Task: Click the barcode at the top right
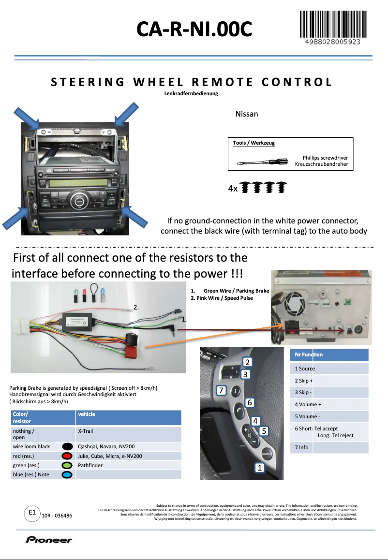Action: click(x=333, y=25)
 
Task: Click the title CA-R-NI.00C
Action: click(x=194, y=29)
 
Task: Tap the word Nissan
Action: click(x=246, y=114)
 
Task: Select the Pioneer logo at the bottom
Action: click(x=49, y=540)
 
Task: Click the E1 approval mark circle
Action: click(x=32, y=512)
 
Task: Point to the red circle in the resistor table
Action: click(x=67, y=456)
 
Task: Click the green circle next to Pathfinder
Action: click(x=67, y=465)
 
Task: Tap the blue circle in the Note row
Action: click(x=67, y=474)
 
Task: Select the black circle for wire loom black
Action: click(x=67, y=446)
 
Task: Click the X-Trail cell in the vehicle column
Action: click(x=85, y=431)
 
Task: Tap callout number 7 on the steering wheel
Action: click(x=221, y=390)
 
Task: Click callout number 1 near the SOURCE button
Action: click(x=260, y=468)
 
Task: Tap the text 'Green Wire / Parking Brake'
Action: click(x=236, y=291)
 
